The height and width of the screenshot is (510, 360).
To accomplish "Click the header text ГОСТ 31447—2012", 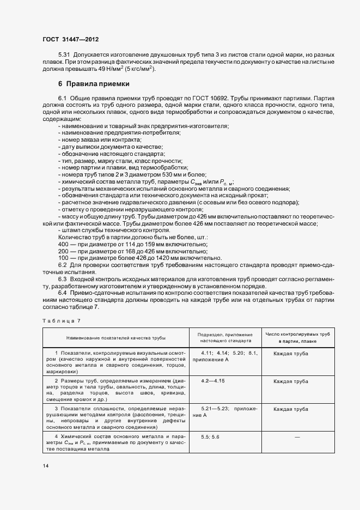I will click(x=70, y=40).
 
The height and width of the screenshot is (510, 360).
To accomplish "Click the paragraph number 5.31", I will click(x=64, y=56).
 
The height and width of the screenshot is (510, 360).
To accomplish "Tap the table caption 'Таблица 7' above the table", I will click(x=62, y=321).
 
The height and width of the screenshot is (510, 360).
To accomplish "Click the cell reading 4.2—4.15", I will click(x=212, y=380).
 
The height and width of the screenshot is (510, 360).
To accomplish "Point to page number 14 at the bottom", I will click(x=46, y=466).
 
